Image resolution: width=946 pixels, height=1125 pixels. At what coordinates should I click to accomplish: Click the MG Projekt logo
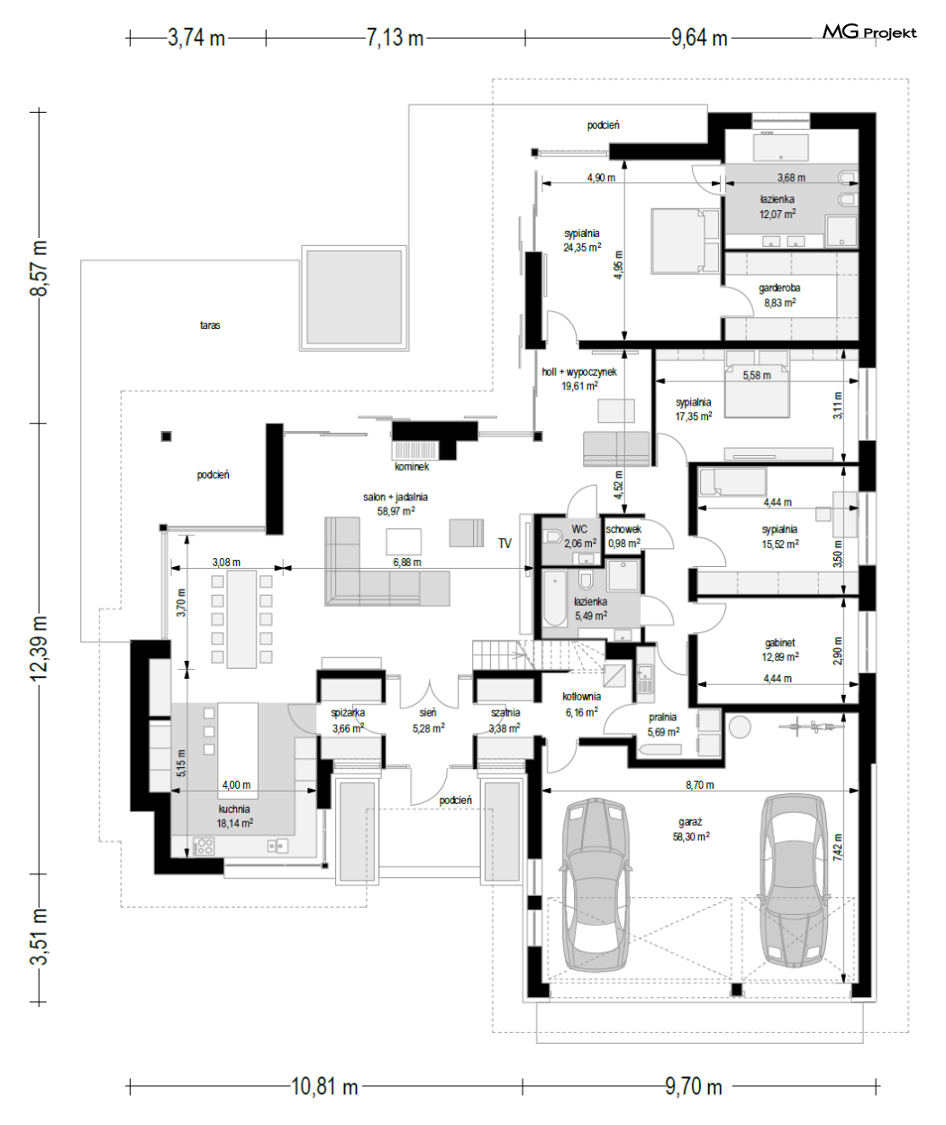[x=869, y=32]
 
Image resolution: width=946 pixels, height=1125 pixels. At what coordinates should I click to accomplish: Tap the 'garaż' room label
[x=691, y=822]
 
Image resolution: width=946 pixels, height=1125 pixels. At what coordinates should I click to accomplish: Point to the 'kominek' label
[x=412, y=467]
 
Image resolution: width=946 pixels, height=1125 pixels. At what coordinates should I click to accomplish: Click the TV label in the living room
[x=505, y=544]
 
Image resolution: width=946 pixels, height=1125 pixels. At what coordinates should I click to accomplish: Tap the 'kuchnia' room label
[x=234, y=809]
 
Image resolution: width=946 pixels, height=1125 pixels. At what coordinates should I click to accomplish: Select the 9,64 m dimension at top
[x=699, y=38]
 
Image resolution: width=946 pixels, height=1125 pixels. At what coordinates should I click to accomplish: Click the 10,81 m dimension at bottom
[x=324, y=1086]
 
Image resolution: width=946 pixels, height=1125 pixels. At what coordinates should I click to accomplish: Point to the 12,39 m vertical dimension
[x=39, y=648]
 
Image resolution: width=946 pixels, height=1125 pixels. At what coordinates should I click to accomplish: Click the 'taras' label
[x=210, y=325]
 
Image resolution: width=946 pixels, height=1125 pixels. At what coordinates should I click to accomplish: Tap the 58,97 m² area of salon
[x=396, y=510]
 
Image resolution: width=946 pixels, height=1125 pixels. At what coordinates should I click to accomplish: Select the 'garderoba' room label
[x=779, y=288]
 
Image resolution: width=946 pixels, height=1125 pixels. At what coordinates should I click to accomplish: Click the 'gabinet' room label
[x=779, y=642]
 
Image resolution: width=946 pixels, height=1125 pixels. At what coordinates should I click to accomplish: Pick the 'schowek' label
[x=623, y=529]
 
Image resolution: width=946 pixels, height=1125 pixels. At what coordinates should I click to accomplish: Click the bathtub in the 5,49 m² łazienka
[x=555, y=598]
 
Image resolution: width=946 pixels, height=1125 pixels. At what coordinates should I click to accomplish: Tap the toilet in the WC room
[x=554, y=536]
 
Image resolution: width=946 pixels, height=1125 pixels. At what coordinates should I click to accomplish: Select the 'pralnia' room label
[x=662, y=718]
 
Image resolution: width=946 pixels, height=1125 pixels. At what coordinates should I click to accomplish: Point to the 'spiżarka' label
[x=348, y=712]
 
